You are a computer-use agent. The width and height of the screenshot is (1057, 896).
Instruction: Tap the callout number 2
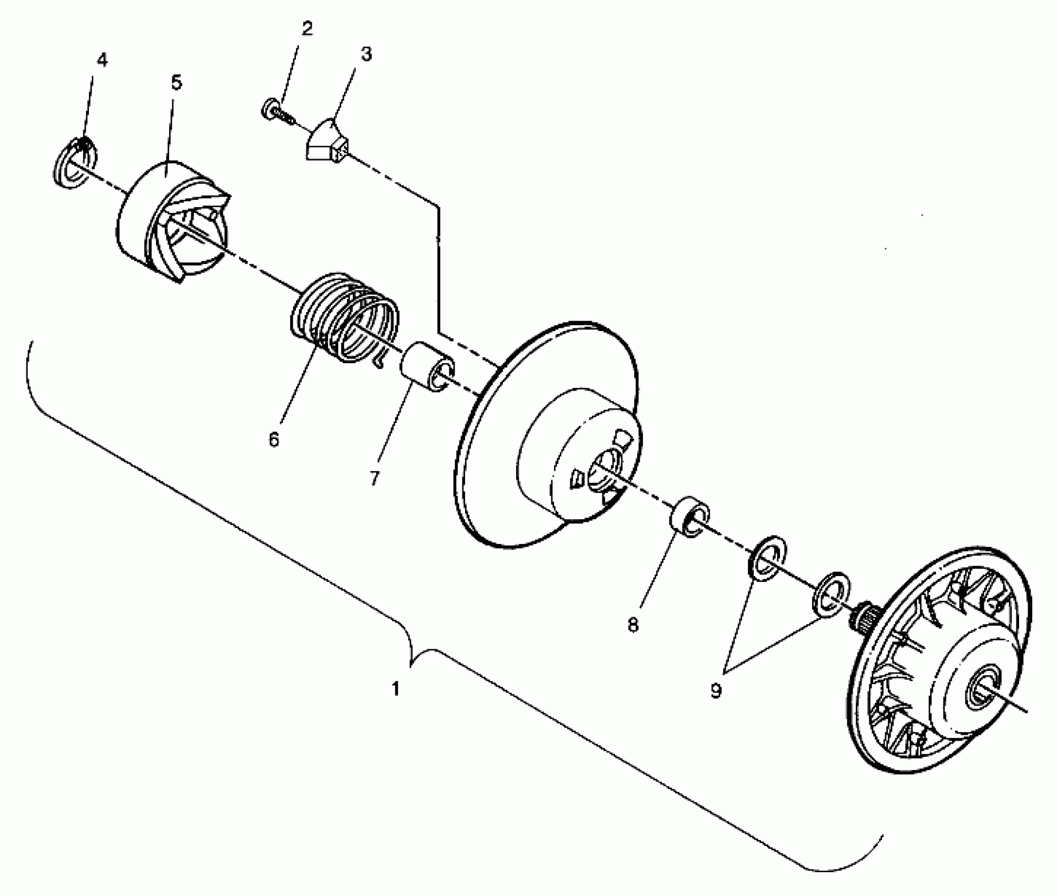click(x=307, y=29)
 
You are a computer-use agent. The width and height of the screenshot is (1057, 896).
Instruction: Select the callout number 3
click(x=366, y=54)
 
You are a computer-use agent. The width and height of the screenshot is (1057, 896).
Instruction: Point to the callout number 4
click(x=102, y=61)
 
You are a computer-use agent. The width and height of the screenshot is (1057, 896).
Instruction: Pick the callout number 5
click(x=176, y=83)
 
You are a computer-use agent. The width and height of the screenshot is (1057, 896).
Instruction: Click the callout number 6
click(x=273, y=439)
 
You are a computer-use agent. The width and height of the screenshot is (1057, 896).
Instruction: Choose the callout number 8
click(x=633, y=625)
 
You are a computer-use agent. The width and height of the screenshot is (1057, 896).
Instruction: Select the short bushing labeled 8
click(x=689, y=517)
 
